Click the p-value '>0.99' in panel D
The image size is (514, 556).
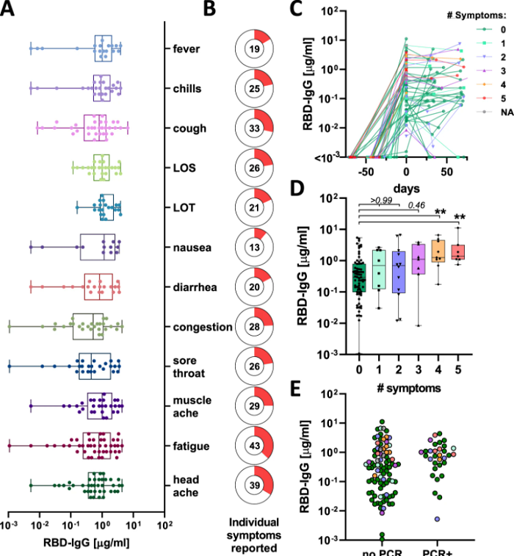[382, 200]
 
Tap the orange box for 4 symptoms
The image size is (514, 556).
[438, 251]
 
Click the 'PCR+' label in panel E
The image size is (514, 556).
[437, 551]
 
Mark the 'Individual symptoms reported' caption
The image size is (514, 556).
[254, 535]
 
